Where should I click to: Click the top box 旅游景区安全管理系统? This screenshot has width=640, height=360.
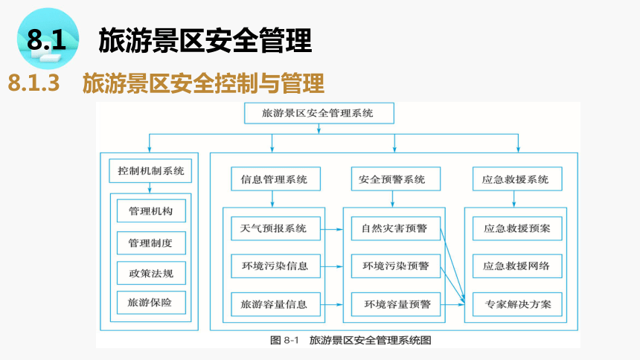tap(319, 113)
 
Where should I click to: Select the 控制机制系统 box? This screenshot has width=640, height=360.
tap(150, 170)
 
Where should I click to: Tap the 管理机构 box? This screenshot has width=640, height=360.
tap(151, 210)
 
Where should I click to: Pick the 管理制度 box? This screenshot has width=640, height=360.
tap(151, 243)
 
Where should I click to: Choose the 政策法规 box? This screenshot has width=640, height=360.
tap(151, 273)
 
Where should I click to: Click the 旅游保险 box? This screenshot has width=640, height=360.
tap(151, 303)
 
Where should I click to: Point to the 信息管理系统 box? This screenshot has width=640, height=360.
tap(275, 179)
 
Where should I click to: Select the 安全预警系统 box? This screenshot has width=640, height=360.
tap(395, 179)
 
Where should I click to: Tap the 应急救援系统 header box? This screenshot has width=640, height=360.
tap(517, 179)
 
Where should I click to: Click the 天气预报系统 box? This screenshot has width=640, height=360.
tap(275, 228)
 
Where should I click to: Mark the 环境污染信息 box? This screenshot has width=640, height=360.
tap(275, 266)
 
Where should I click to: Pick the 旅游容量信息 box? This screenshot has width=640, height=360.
tap(275, 304)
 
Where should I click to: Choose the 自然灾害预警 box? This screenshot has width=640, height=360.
tap(395, 228)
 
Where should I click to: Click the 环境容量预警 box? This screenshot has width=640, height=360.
tap(395, 304)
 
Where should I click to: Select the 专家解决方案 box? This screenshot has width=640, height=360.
tap(517, 304)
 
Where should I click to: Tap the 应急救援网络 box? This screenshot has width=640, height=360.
tap(517, 266)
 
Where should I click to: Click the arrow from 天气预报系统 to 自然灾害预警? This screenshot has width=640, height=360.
tap(331, 229)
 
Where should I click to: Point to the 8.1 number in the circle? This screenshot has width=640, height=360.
tap(47, 39)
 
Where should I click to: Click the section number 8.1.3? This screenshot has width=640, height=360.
tap(34, 83)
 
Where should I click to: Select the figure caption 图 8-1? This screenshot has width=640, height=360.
tap(284, 340)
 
